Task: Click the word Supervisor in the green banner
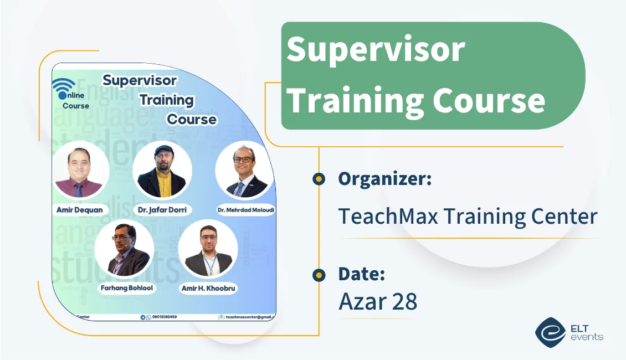(x=376, y=49)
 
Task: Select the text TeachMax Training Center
(x=468, y=216)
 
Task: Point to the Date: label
(x=362, y=274)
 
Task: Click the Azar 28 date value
(x=378, y=301)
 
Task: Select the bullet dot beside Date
(x=319, y=274)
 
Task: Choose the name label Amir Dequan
(x=79, y=210)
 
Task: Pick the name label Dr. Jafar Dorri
(x=162, y=210)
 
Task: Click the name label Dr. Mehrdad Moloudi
(x=246, y=210)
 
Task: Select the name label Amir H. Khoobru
(x=209, y=289)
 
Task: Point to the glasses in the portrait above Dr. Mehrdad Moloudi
(x=243, y=160)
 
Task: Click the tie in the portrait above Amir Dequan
(x=79, y=190)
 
